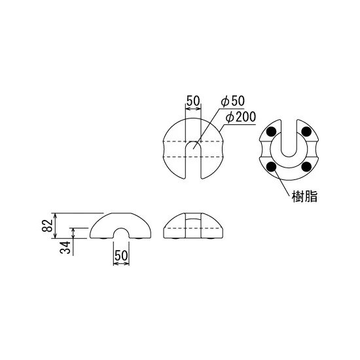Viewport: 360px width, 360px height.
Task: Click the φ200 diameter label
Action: (240, 117)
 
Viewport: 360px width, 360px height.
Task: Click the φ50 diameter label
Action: (233, 101)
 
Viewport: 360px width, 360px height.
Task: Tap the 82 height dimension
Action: (47, 225)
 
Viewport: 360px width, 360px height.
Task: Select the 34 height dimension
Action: (65, 247)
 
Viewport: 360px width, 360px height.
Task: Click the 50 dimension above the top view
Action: (193, 100)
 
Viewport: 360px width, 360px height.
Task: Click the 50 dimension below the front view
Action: (121, 255)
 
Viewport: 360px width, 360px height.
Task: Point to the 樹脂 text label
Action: (304, 196)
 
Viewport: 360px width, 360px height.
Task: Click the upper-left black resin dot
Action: (272, 132)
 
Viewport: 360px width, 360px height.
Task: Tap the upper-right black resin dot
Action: (306, 132)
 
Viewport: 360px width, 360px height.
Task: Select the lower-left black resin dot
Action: (272, 167)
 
